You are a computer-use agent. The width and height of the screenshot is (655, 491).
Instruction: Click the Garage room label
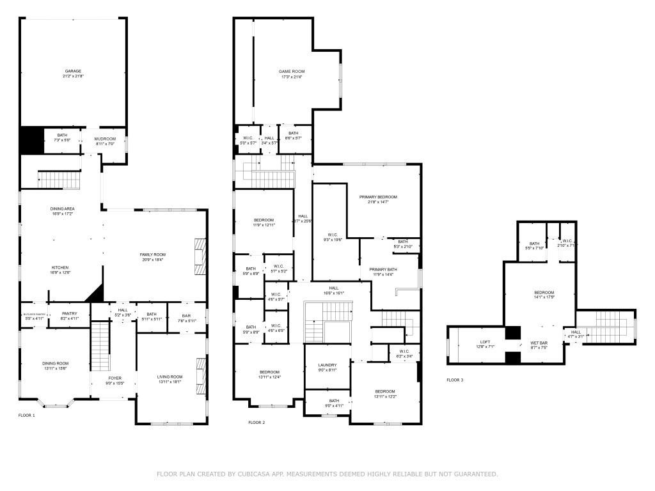pyautogui.click(x=73, y=71)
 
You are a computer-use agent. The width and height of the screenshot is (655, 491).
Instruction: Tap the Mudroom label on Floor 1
pyautogui.click(x=105, y=139)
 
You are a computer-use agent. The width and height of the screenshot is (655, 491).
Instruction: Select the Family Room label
pyautogui.click(x=152, y=254)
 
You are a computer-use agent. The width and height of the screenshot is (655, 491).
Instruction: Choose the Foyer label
pyautogui.click(x=114, y=378)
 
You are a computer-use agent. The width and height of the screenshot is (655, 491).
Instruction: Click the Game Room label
pyautogui.click(x=291, y=71)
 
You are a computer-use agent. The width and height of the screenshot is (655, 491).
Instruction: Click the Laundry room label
pyautogui.click(x=327, y=366)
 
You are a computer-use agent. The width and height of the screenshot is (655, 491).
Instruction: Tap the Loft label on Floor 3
pyautogui.click(x=485, y=343)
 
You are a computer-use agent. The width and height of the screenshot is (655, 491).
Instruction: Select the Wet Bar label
pyautogui.click(x=539, y=343)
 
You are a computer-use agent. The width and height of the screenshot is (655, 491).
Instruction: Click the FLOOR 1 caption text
pyautogui.click(x=26, y=416)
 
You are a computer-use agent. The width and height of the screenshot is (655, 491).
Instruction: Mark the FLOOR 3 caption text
pyautogui.click(x=455, y=380)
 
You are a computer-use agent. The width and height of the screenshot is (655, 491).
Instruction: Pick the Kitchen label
pyautogui.click(x=60, y=267)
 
